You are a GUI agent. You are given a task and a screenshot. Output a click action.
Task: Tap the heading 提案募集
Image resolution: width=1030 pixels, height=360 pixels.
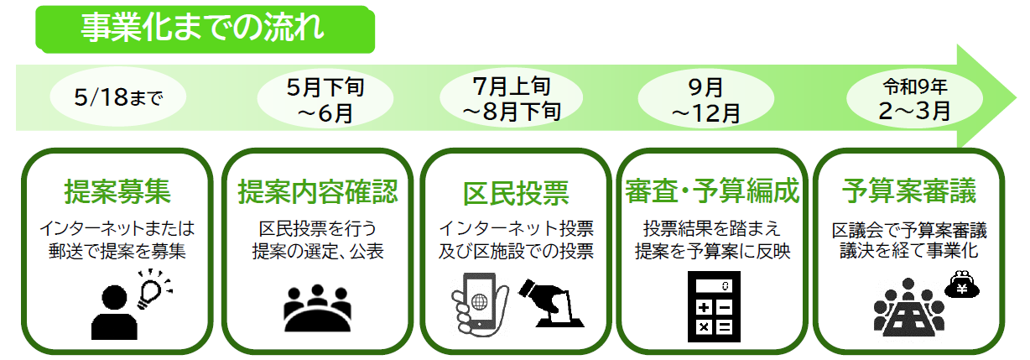pos(117,192)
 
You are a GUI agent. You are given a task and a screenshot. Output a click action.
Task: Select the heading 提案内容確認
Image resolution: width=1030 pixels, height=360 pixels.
pos(318,192)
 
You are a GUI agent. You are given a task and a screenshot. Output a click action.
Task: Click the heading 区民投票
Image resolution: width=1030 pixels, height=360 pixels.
pos(515,193)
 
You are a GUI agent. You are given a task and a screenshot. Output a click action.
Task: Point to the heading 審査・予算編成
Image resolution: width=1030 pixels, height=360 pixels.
pos(712,192)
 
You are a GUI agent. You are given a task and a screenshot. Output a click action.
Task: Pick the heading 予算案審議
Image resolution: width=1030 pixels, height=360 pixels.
pos(908,192)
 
